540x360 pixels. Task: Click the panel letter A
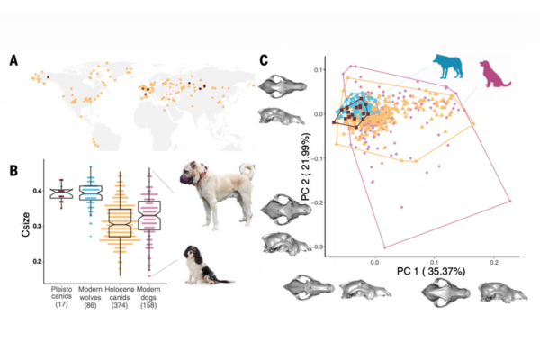pyautogui.click(x=13, y=60)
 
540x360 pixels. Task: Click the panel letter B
pyautogui.click(x=13, y=168)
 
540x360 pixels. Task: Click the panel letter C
pyautogui.click(x=264, y=60)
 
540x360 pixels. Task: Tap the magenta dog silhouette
pyautogui.click(x=494, y=72)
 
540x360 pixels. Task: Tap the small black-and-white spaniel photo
pyautogui.click(x=198, y=263)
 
